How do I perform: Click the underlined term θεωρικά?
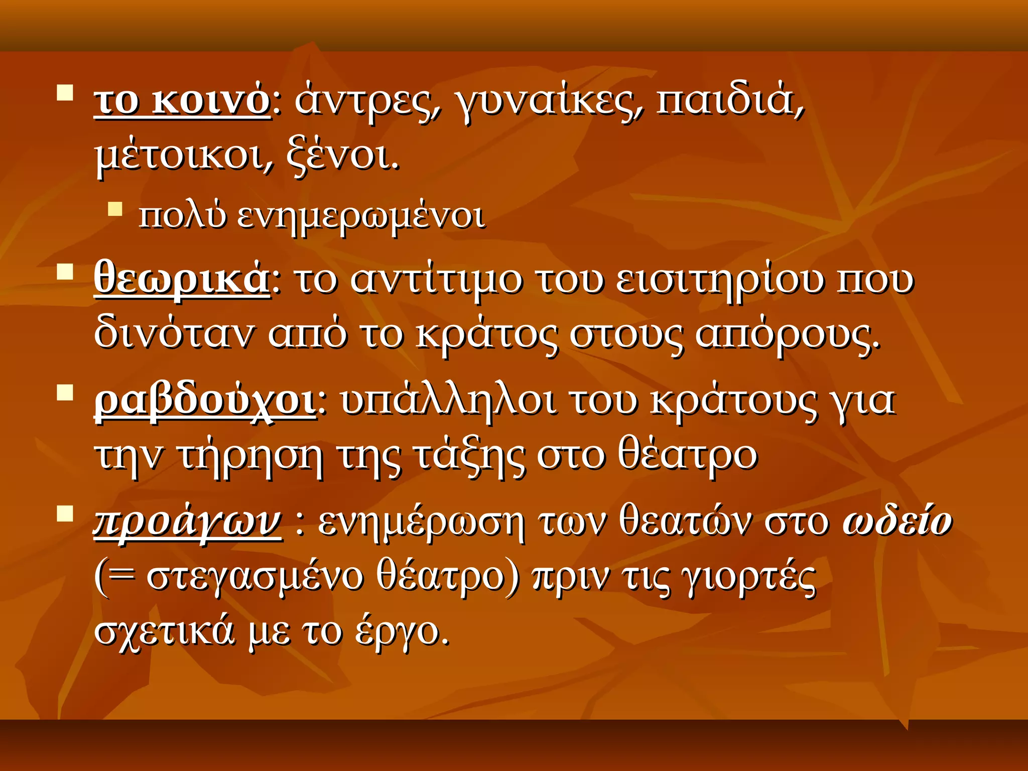pos(182,279)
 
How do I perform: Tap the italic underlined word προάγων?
pos(187,522)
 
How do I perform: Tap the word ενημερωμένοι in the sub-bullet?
pos(361,217)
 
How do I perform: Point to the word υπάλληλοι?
pos(448,402)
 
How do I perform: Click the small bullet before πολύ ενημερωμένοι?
pos(115,209)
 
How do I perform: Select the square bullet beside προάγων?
pos(65,514)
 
